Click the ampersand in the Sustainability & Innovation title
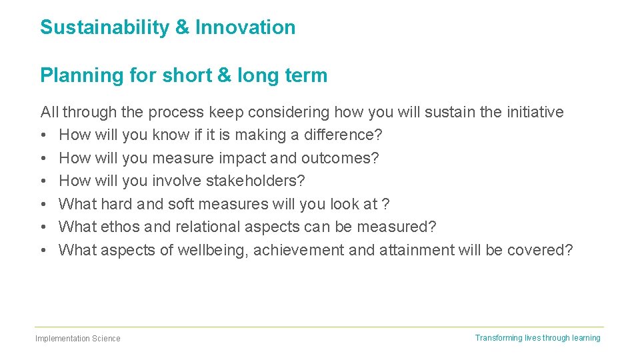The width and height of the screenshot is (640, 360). [x=183, y=27]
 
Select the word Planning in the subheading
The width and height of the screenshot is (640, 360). [x=82, y=75]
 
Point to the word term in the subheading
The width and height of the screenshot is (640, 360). [x=305, y=75]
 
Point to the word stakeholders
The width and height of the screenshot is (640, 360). [x=255, y=181]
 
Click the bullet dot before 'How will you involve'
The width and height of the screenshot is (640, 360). [x=43, y=181]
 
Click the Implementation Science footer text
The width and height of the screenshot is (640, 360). [x=78, y=339]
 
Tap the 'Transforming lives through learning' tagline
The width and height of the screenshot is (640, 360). [x=537, y=338]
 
